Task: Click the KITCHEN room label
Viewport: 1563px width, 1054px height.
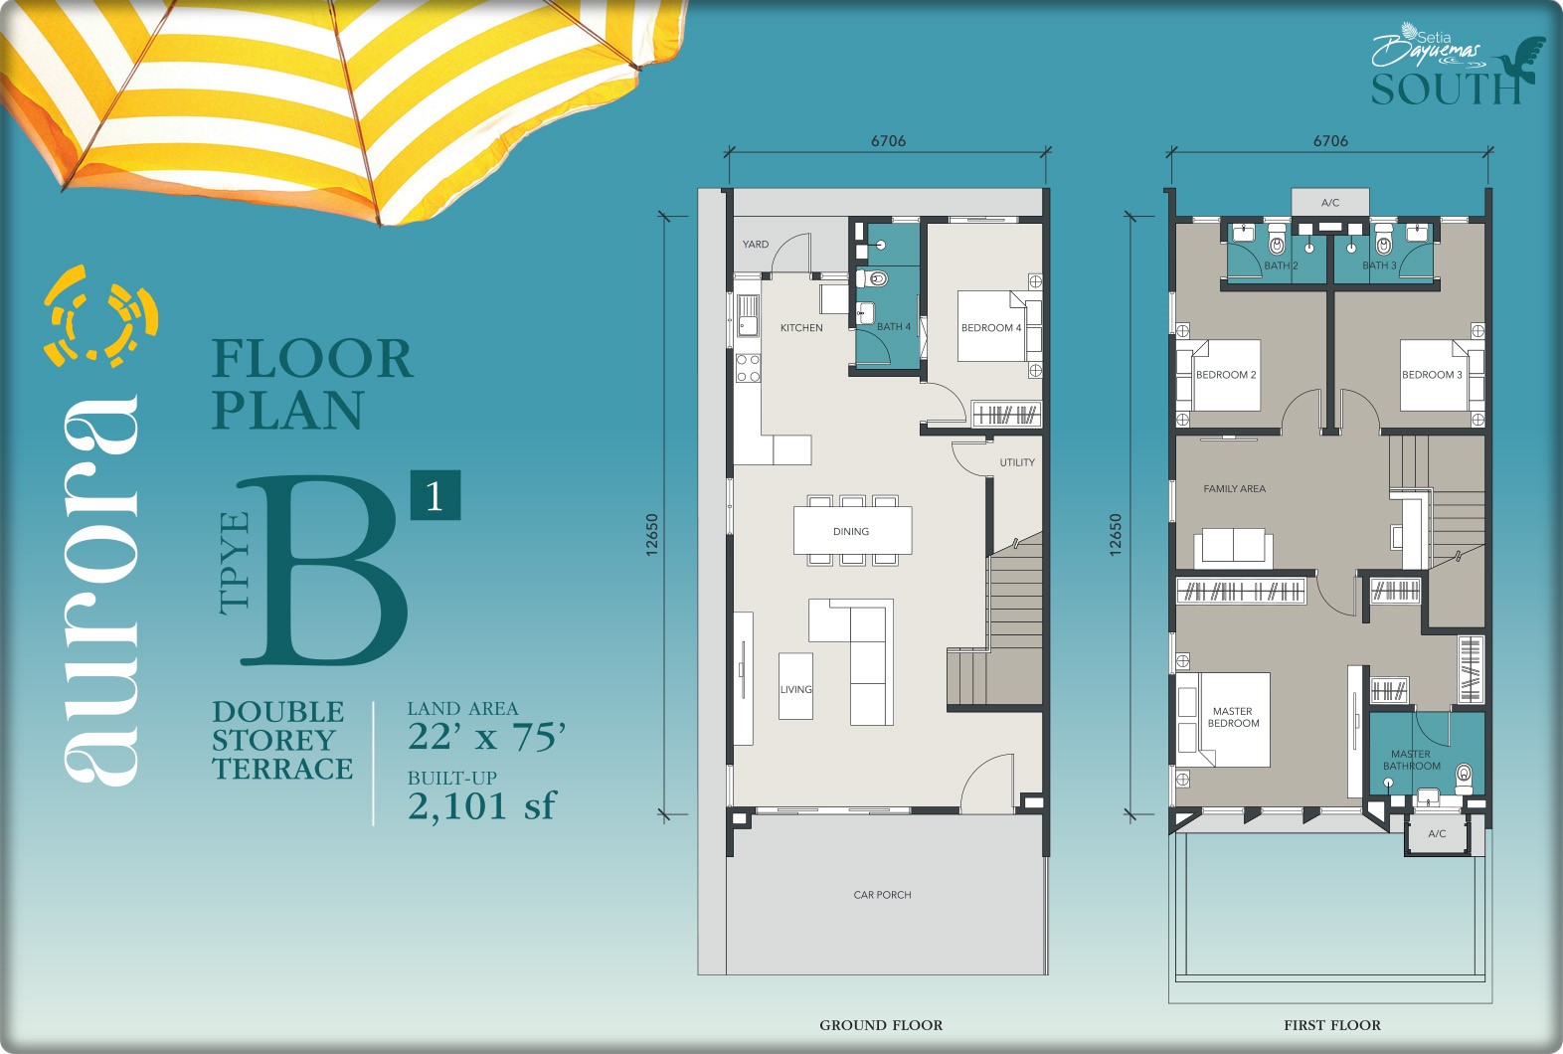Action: coord(801,327)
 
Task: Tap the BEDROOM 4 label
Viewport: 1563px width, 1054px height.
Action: coord(991,327)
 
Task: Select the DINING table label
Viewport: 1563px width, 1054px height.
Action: coord(850,531)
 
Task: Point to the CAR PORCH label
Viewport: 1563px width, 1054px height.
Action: coord(882,895)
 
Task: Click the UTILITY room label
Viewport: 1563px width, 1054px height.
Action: coord(1017,462)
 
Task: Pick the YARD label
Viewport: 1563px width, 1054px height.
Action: coord(755,245)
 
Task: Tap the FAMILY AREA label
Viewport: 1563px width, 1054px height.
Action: coord(1234,488)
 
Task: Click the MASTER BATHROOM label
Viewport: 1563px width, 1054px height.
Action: coord(1412,760)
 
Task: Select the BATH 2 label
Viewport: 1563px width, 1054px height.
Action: coord(1281,265)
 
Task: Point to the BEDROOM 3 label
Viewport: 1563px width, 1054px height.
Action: coord(1432,375)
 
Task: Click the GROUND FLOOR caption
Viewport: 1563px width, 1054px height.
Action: coord(881,1025)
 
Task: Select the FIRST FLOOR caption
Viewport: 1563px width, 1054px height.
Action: coord(1332,1025)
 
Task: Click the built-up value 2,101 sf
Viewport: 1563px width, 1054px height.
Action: coord(482,805)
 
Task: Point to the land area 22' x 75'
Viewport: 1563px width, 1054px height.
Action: coord(486,737)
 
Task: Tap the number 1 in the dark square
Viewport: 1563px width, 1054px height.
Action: coord(435,495)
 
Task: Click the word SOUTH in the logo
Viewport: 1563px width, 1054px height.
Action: coord(1446,89)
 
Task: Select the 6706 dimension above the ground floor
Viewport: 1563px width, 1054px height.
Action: coord(888,141)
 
